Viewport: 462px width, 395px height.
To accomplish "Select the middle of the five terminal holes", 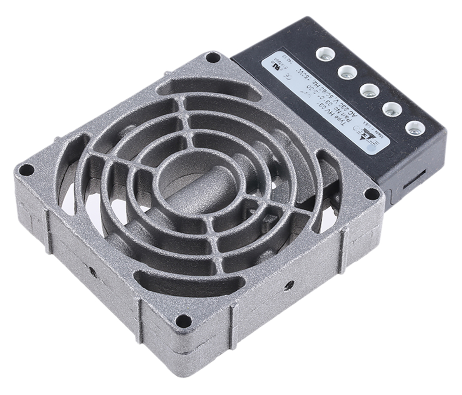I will pyautogui.click(x=368, y=91).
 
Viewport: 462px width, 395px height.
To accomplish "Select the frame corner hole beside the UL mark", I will pyautogui.click(x=211, y=58).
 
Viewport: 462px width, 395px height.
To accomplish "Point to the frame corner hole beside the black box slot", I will pyautogui.click(x=372, y=194).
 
